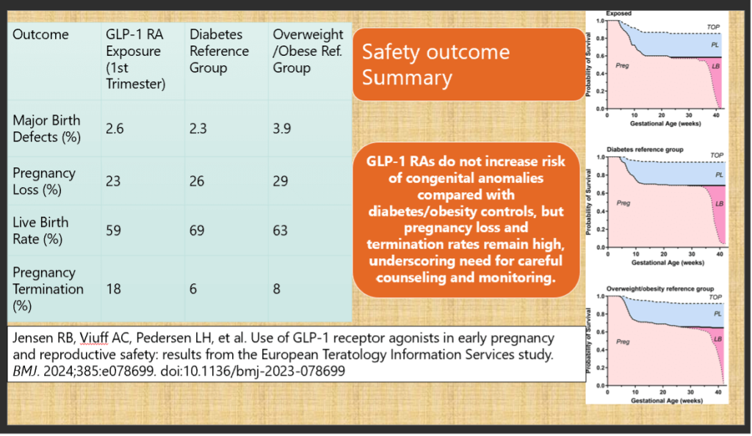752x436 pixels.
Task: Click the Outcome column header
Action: [41, 35]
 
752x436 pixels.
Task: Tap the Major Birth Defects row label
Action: [47, 128]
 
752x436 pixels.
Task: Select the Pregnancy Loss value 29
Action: [280, 181]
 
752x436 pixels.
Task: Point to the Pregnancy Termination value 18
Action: [114, 289]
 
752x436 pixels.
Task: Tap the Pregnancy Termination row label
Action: [48, 288]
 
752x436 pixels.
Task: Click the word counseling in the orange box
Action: [416, 278]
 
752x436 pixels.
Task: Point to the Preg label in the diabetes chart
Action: [623, 203]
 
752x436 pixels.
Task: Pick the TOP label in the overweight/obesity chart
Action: [715, 297]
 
